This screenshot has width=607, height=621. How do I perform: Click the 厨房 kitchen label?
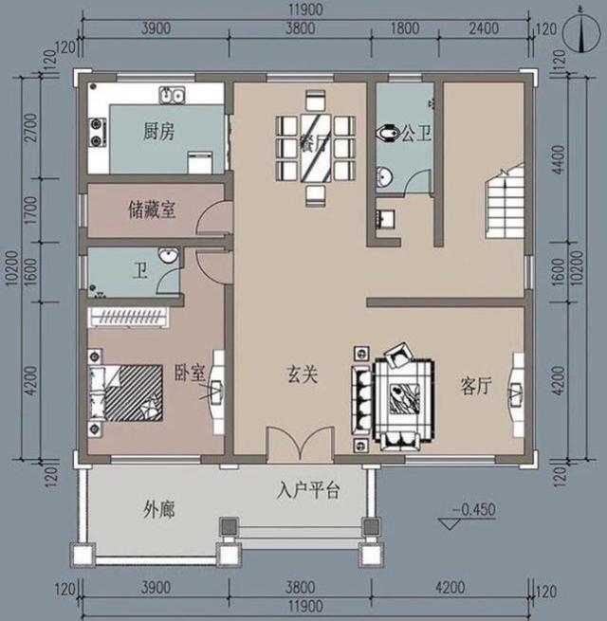[x=159, y=132]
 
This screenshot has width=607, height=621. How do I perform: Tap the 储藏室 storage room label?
[x=151, y=210]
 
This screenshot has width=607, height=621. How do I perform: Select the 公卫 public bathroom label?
[x=414, y=134]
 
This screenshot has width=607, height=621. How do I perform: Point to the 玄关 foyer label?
[x=302, y=374]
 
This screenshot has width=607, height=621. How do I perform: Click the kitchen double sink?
[x=172, y=95]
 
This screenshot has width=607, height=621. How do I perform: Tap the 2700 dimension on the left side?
[x=30, y=126]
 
